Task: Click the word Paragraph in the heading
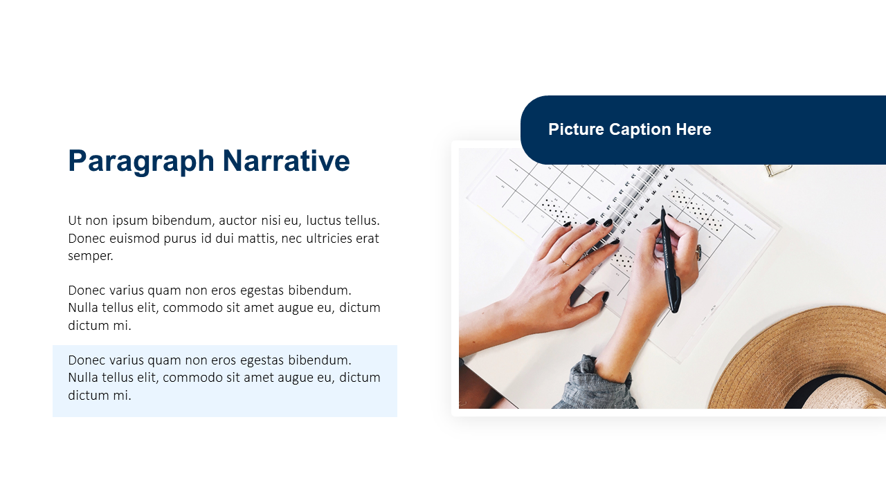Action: [x=141, y=162]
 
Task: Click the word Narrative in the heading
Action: [x=286, y=160]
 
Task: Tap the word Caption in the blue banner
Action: [x=640, y=129]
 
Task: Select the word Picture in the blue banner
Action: [x=576, y=129]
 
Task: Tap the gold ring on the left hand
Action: [x=565, y=261]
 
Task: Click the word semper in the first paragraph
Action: [x=91, y=257]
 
